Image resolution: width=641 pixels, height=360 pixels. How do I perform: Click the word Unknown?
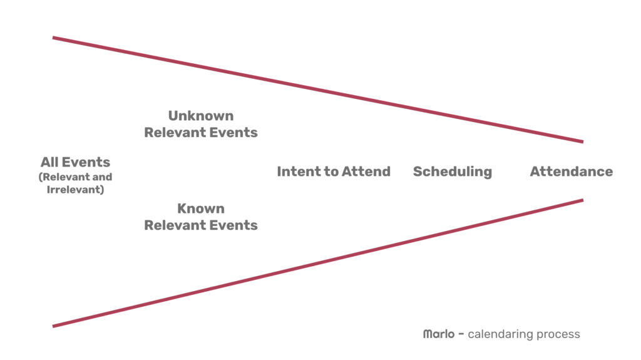pyautogui.click(x=201, y=116)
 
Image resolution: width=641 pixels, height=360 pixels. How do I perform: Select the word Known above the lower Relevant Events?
pyautogui.click(x=201, y=208)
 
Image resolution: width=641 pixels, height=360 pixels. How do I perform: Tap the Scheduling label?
pyautogui.click(x=452, y=172)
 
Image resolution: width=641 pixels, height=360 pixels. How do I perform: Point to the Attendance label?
pyautogui.click(x=571, y=172)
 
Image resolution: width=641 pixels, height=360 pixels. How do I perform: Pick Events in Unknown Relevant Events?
pyautogui.click(x=233, y=133)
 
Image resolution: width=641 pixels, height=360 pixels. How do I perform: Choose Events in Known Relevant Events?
pyautogui.click(x=233, y=225)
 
